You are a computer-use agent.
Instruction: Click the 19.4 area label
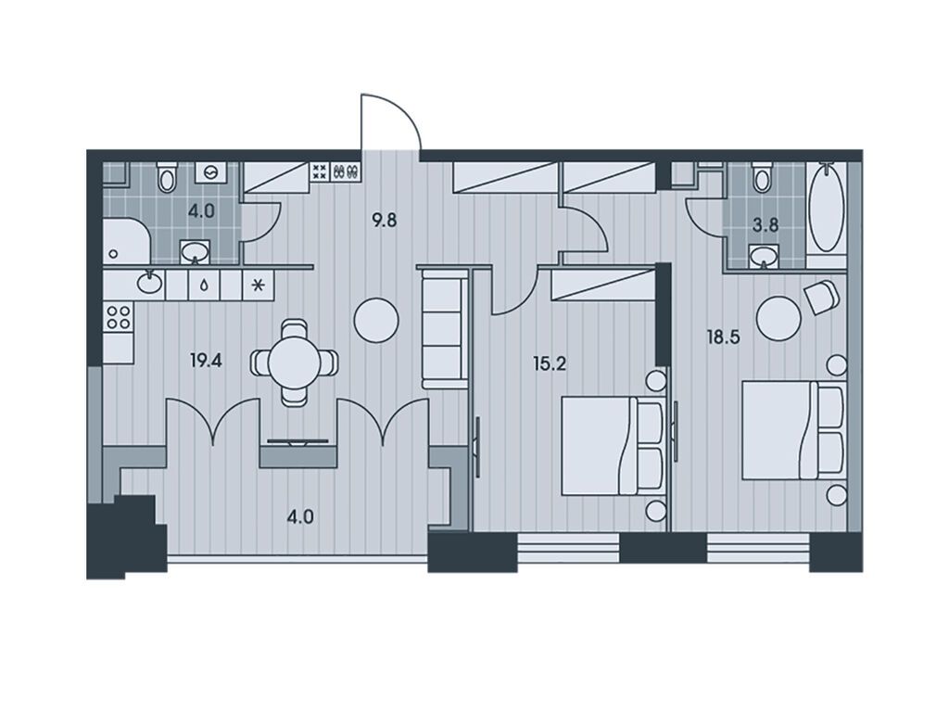point(206,362)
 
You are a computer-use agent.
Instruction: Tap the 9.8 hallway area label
point(385,221)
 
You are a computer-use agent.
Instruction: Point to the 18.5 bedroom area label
point(724,337)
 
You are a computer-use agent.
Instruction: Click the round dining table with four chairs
point(295,362)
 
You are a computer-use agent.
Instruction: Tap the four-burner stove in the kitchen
point(118,317)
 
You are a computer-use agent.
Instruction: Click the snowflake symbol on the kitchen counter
point(258,285)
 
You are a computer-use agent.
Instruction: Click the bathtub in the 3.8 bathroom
point(826,207)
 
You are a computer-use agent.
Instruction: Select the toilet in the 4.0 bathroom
point(167,176)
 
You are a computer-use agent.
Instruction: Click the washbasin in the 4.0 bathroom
point(195,251)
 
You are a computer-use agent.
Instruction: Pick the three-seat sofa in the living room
point(445,329)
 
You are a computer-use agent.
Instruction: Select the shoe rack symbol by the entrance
point(346,172)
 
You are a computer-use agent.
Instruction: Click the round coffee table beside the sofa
point(376,321)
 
